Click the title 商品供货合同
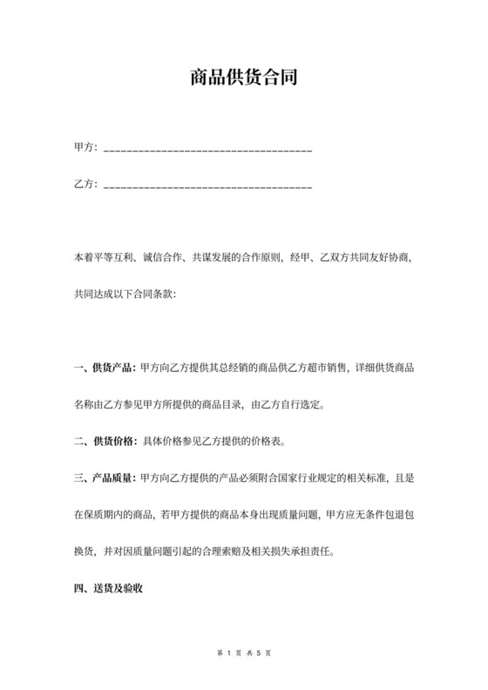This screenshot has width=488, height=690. click(244, 78)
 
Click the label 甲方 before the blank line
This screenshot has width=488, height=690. click(85, 147)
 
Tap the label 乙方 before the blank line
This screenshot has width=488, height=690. click(85, 185)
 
